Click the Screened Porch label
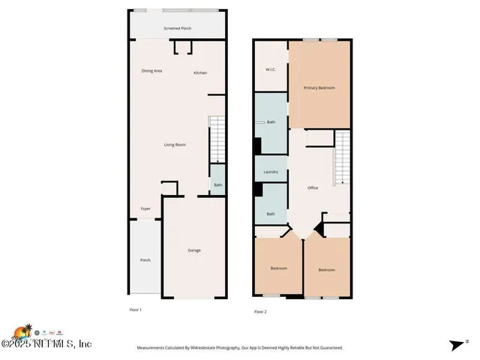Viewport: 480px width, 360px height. point(177,29)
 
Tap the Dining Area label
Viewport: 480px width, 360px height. point(152,71)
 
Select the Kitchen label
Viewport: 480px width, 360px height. point(200,73)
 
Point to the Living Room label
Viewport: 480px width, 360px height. point(175,145)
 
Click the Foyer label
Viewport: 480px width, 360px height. point(145,209)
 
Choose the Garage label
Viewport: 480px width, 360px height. point(194,250)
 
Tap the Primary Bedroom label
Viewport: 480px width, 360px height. point(319,88)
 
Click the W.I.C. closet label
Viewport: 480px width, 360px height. point(271,70)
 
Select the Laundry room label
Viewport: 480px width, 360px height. point(271,172)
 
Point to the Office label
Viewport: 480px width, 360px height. point(313,187)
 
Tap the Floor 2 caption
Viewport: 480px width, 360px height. point(260,311)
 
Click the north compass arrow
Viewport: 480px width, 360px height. point(457,344)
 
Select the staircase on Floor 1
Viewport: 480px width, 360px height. point(216,139)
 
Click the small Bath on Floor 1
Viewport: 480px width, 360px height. point(217,184)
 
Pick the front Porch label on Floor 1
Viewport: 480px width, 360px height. point(145,260)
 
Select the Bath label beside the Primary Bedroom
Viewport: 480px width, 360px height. point(271,122)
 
